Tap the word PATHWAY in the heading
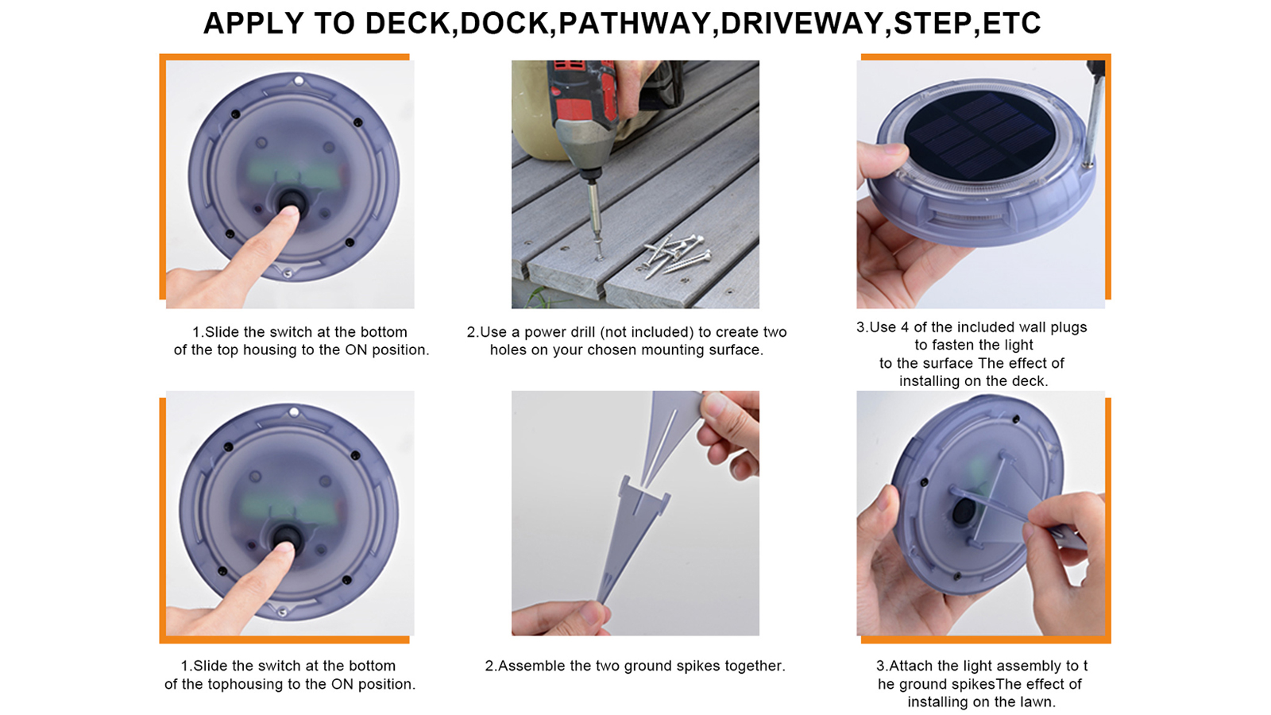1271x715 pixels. [x=635, y=23]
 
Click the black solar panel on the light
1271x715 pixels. [x=980, y=135]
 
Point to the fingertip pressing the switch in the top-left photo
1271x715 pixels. [x=289, y=212]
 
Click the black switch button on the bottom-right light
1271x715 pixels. [x=964, y=512]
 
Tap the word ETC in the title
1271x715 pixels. [x=1012, y=23]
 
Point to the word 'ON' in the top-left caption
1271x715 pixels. [x=357, y=350]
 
